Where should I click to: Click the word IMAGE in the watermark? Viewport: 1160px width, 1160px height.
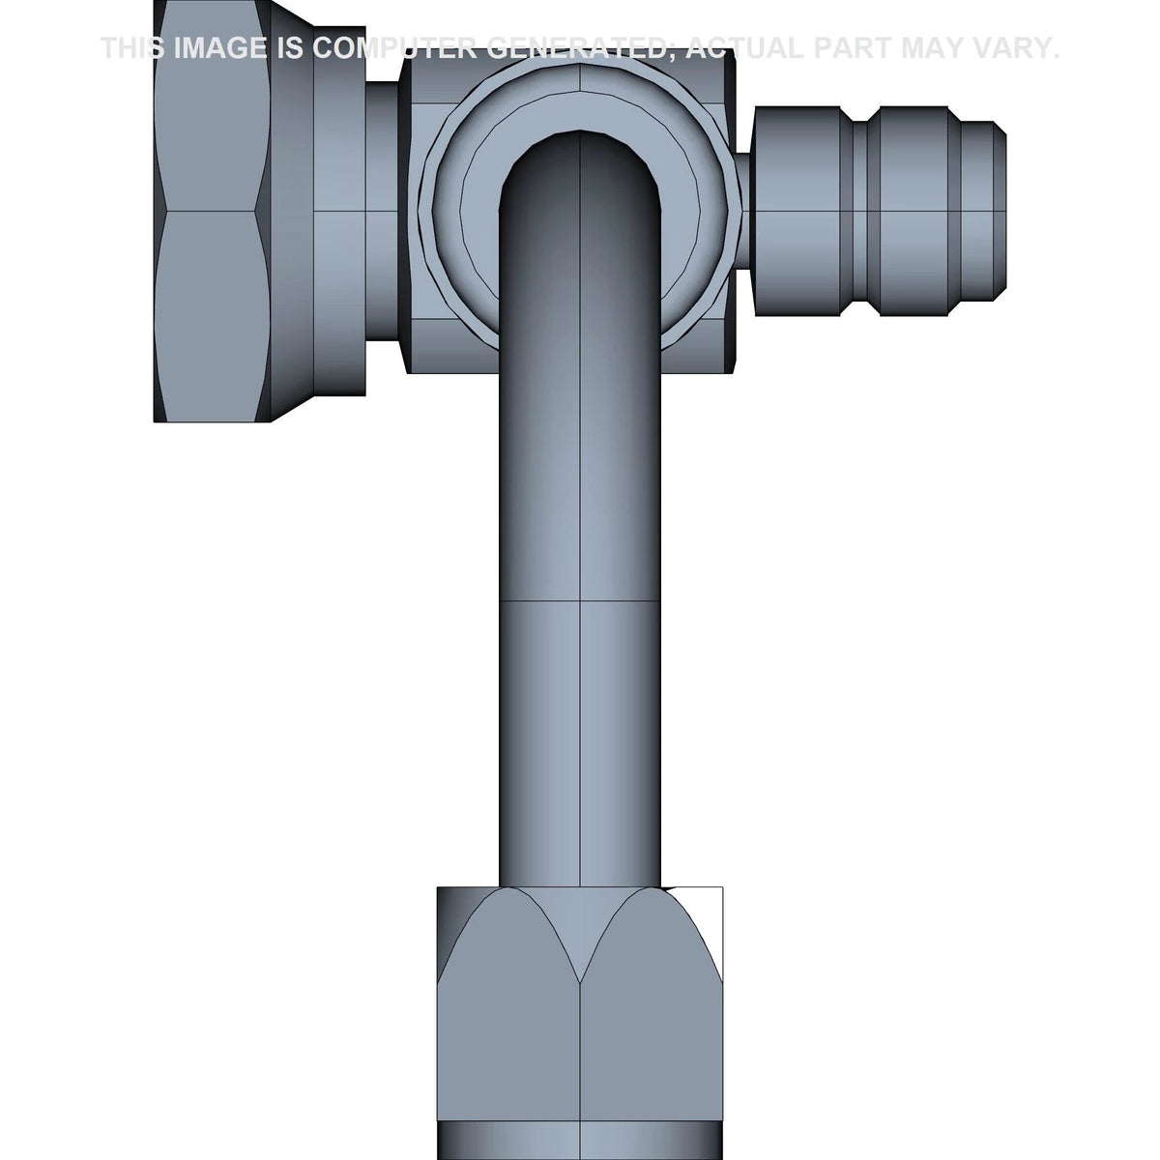pyautogui.click(x=220, y=48)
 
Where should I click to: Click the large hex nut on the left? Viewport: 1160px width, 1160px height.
pyautogui.click(x=212, y=211)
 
